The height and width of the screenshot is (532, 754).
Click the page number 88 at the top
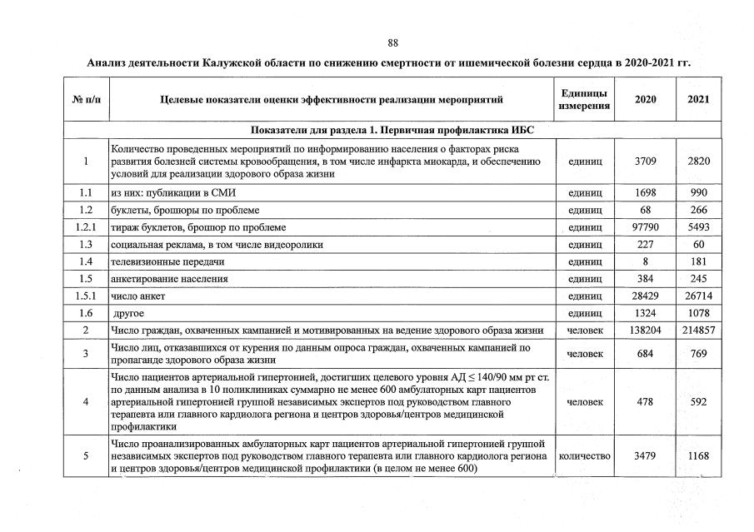pos(393,43)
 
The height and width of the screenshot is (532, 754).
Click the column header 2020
pos(645,100)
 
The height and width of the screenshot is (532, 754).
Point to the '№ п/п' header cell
pos(86,100)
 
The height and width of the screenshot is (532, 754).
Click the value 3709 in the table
pos(646,162)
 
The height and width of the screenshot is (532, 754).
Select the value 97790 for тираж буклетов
pos(646,227)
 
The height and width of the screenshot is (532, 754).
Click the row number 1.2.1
pos(86,227)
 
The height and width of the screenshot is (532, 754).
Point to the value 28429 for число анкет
pos(646,296)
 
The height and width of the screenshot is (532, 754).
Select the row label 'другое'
pos(128,313)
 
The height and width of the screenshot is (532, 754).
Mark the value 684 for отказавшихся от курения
pos(646,355)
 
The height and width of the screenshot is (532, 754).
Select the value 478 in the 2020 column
pos(646,402)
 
